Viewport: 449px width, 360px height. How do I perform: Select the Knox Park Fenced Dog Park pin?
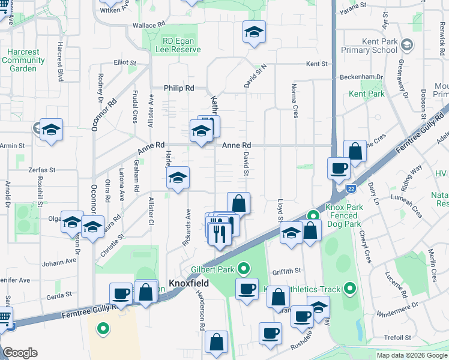[313, 215]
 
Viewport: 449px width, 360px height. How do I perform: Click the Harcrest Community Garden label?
[23, 60]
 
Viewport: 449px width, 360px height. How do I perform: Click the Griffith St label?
[286, 271]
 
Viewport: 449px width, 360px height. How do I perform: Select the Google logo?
[19, 353]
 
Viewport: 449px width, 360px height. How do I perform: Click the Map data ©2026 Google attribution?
[412, 355]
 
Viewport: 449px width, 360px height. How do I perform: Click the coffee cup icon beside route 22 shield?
[339, 168]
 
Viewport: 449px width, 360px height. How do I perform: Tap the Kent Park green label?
[367, 94]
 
